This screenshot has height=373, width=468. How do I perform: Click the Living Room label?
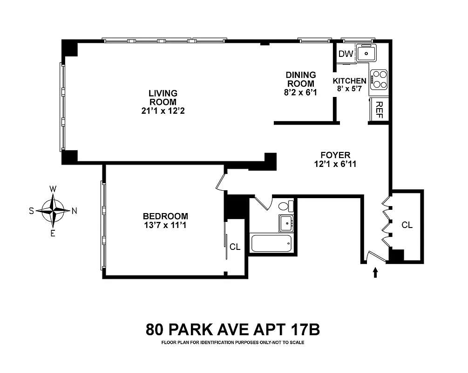pyautogui.click(x=163, y=97)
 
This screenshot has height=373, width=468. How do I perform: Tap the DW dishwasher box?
pyautogui.click(x=346, y=54)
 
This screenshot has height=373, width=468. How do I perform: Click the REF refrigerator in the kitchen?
pyautogui.click(x=379, y=110)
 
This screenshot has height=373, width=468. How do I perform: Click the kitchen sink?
pyautogui.click(x=367, y=54)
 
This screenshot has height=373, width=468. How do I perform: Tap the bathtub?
pyautogui.click(x=271, y=243)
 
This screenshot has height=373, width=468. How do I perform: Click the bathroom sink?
pyautogui.click(x=285, y=223)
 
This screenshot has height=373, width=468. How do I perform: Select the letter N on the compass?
pyautogui.click(x=75, y=211)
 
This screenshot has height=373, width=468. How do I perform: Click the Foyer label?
pyautogui.click(x=335, y=155)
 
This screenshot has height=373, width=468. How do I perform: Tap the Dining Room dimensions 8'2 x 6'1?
pyautogui.click(x=300, y=92)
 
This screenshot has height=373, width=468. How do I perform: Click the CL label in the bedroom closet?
pyautogui.click(x=235, y=247)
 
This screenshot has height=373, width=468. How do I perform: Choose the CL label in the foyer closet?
pyautogui.click(x=407, y=225)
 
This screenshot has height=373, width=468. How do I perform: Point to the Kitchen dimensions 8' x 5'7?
pyautogui.click(x=349, y=89)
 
